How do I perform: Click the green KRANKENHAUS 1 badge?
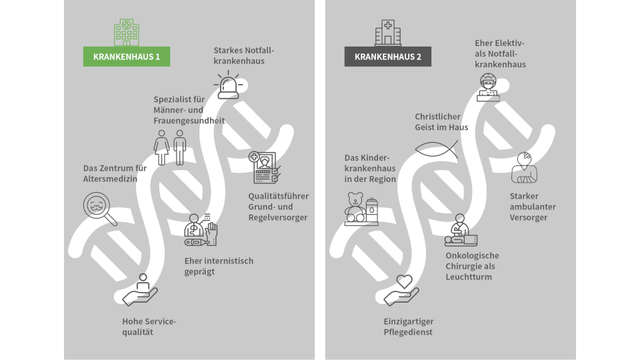[126, 57]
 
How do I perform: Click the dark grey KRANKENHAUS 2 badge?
[387, 57]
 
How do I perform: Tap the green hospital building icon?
[126, 32]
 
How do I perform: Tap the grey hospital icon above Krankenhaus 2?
[387, 32]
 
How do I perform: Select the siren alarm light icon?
[229, 84]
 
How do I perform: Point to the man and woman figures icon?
[170, 147]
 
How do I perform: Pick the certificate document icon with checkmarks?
[265, 167]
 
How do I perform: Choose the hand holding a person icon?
[141, 291]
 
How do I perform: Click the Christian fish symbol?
[436, 148]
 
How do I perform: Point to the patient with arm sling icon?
[525, 168]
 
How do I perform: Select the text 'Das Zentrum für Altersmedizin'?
[115, 174]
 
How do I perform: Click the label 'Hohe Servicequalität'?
[149, 327]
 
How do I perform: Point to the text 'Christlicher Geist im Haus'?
[441, 122]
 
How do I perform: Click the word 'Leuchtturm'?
[469, 277]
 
